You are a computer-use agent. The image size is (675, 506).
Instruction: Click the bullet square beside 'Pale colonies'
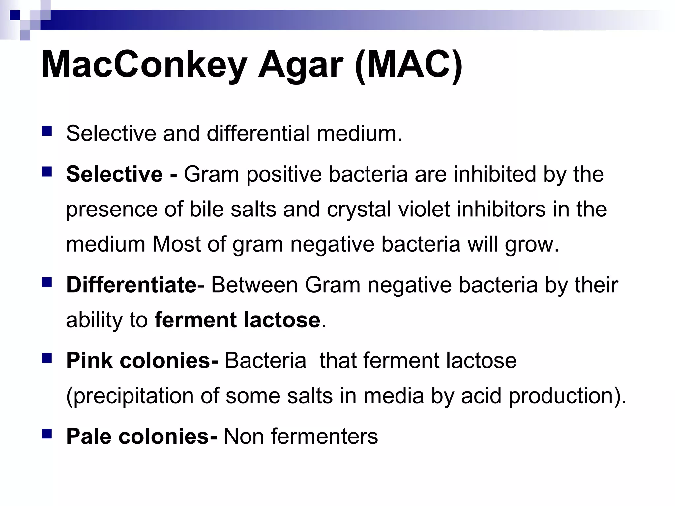tap(47, 434)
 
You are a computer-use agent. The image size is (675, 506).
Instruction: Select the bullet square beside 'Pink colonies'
tap(47, 358)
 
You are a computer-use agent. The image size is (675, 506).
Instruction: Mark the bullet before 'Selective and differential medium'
tap(47, 131)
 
